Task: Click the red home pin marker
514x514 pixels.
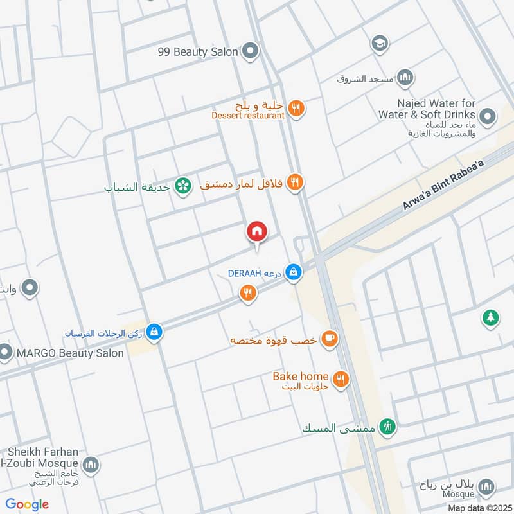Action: (x=257, y=231)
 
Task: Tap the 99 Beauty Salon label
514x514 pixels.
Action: (x=198, y=51)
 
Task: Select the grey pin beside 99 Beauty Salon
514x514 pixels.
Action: (x=251, y=50)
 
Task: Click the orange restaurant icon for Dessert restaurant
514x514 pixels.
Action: (x=296, y=109)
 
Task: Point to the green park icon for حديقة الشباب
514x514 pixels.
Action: (x=184, y=186)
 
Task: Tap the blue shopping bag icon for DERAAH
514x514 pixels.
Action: (x=294, y=272)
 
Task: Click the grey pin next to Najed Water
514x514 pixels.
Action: (x=488, y=117)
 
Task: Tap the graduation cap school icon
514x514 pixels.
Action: (x=380, y=43)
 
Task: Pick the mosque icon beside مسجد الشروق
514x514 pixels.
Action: (x=405, y=78)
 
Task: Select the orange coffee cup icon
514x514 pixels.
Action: (x=330, y=339)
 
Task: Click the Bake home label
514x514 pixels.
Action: (x=301, y=376)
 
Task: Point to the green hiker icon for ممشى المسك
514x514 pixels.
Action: (x=387, y=425)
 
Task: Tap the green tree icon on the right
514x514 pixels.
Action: (x=490, y=317)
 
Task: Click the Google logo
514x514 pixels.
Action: (x=27, y=504)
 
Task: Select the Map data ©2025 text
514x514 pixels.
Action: (x=479, y=508)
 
